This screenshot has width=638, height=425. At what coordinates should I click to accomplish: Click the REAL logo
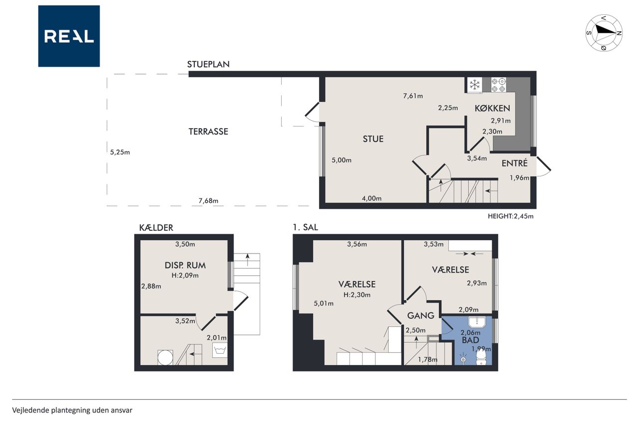pyautogui.click(x=69, y=36)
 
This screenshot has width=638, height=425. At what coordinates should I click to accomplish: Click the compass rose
pyautogui.click(x=604, y=33)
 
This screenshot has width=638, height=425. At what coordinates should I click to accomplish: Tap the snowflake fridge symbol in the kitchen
pyautogui.click(x=475, y=85)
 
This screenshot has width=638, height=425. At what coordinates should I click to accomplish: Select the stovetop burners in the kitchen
pyautogui.click(x=498, y=85)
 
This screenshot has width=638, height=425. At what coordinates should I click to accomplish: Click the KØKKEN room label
pyautogui.click(x=492, y=108)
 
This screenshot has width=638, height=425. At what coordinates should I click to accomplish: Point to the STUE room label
pyautogui.click(x=373, y=139)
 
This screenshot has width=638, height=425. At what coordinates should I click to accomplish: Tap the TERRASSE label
pyautogui.click(x=208, y=132)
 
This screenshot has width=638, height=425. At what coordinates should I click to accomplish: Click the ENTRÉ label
pyautogui.click(x=514, y=163)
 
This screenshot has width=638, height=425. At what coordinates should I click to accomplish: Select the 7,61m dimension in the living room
pyautogui.click(x=413, y=96)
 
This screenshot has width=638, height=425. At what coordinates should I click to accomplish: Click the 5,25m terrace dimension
pyautogui.click(x=120, y=152)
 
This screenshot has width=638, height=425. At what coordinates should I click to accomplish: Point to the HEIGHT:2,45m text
pyautogui.click(x=510, y=216)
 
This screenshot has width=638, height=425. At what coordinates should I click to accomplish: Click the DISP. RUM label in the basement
pyautogui.click(x=185, y=265)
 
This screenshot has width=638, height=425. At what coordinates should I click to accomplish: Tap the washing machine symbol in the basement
pyautogui.click(x=220, y=350)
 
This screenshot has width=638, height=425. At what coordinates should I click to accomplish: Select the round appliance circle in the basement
pyautogui.click(x=165, y=358)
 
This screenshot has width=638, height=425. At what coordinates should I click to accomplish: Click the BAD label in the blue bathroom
pyautogui.click(x=470, y=340)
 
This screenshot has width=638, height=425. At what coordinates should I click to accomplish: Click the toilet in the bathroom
pyautogui.click(x=481, y=357)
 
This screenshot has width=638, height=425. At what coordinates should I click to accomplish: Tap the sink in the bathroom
pyautogui.click(x=477, y=322)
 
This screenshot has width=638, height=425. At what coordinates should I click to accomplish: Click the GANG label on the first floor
pyautogui.click(x=421, y=315)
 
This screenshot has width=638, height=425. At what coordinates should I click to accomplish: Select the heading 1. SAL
pyautogui.click(x=306, y=227)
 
